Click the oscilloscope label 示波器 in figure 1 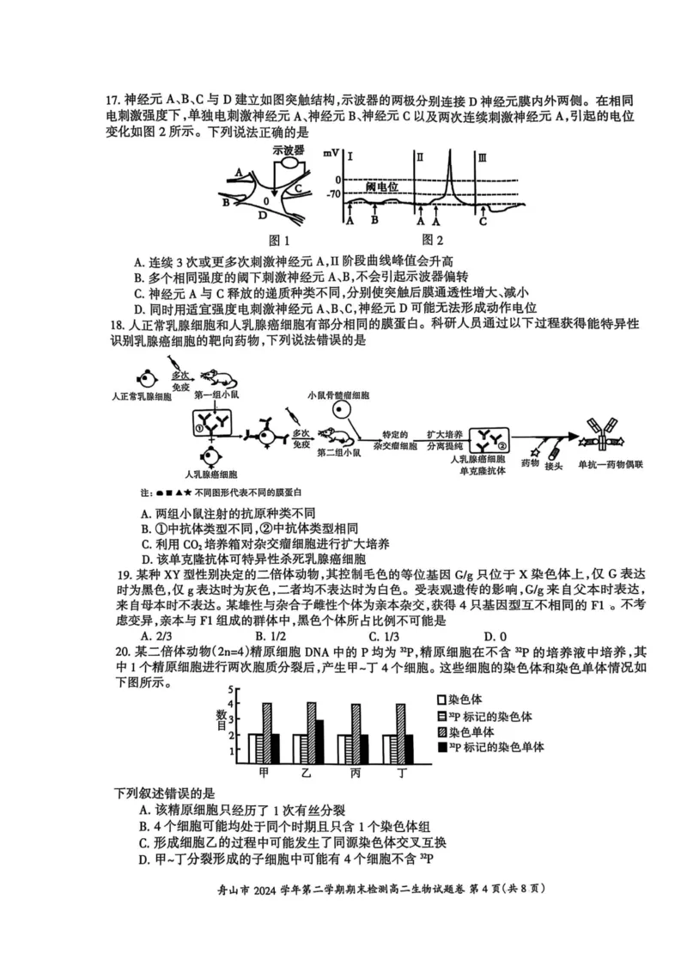coord(289,150)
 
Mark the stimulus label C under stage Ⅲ coord(483,221)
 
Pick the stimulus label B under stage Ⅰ coord(374,221)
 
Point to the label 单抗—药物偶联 coord(610,465)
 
